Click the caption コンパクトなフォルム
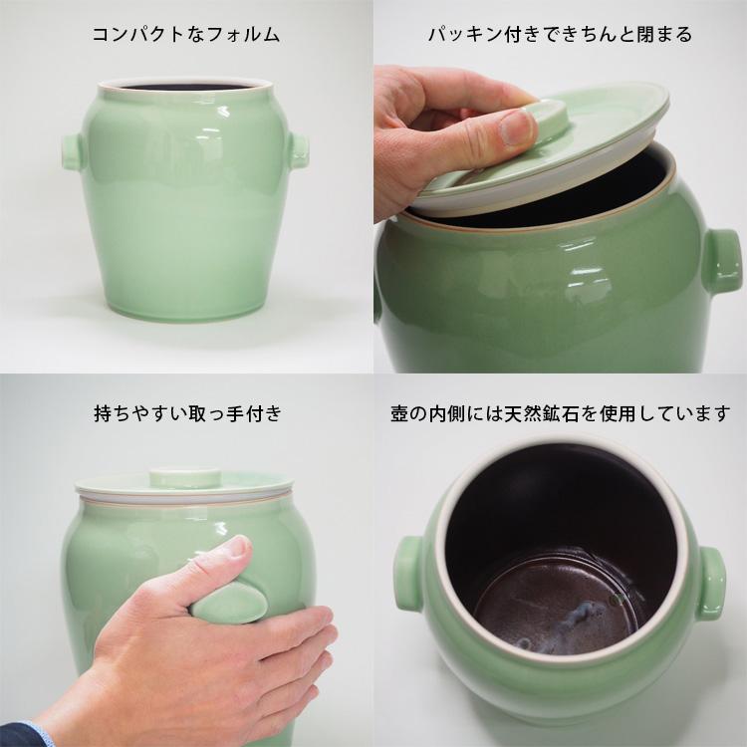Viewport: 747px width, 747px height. [185, 35]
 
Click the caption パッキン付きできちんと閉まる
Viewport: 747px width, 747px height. [560, 35]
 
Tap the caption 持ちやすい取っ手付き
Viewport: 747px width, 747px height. [185, 410]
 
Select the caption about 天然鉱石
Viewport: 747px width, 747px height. [560, 411]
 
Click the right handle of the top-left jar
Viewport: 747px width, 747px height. [298, 150]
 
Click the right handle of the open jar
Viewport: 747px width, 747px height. [711, 584]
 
